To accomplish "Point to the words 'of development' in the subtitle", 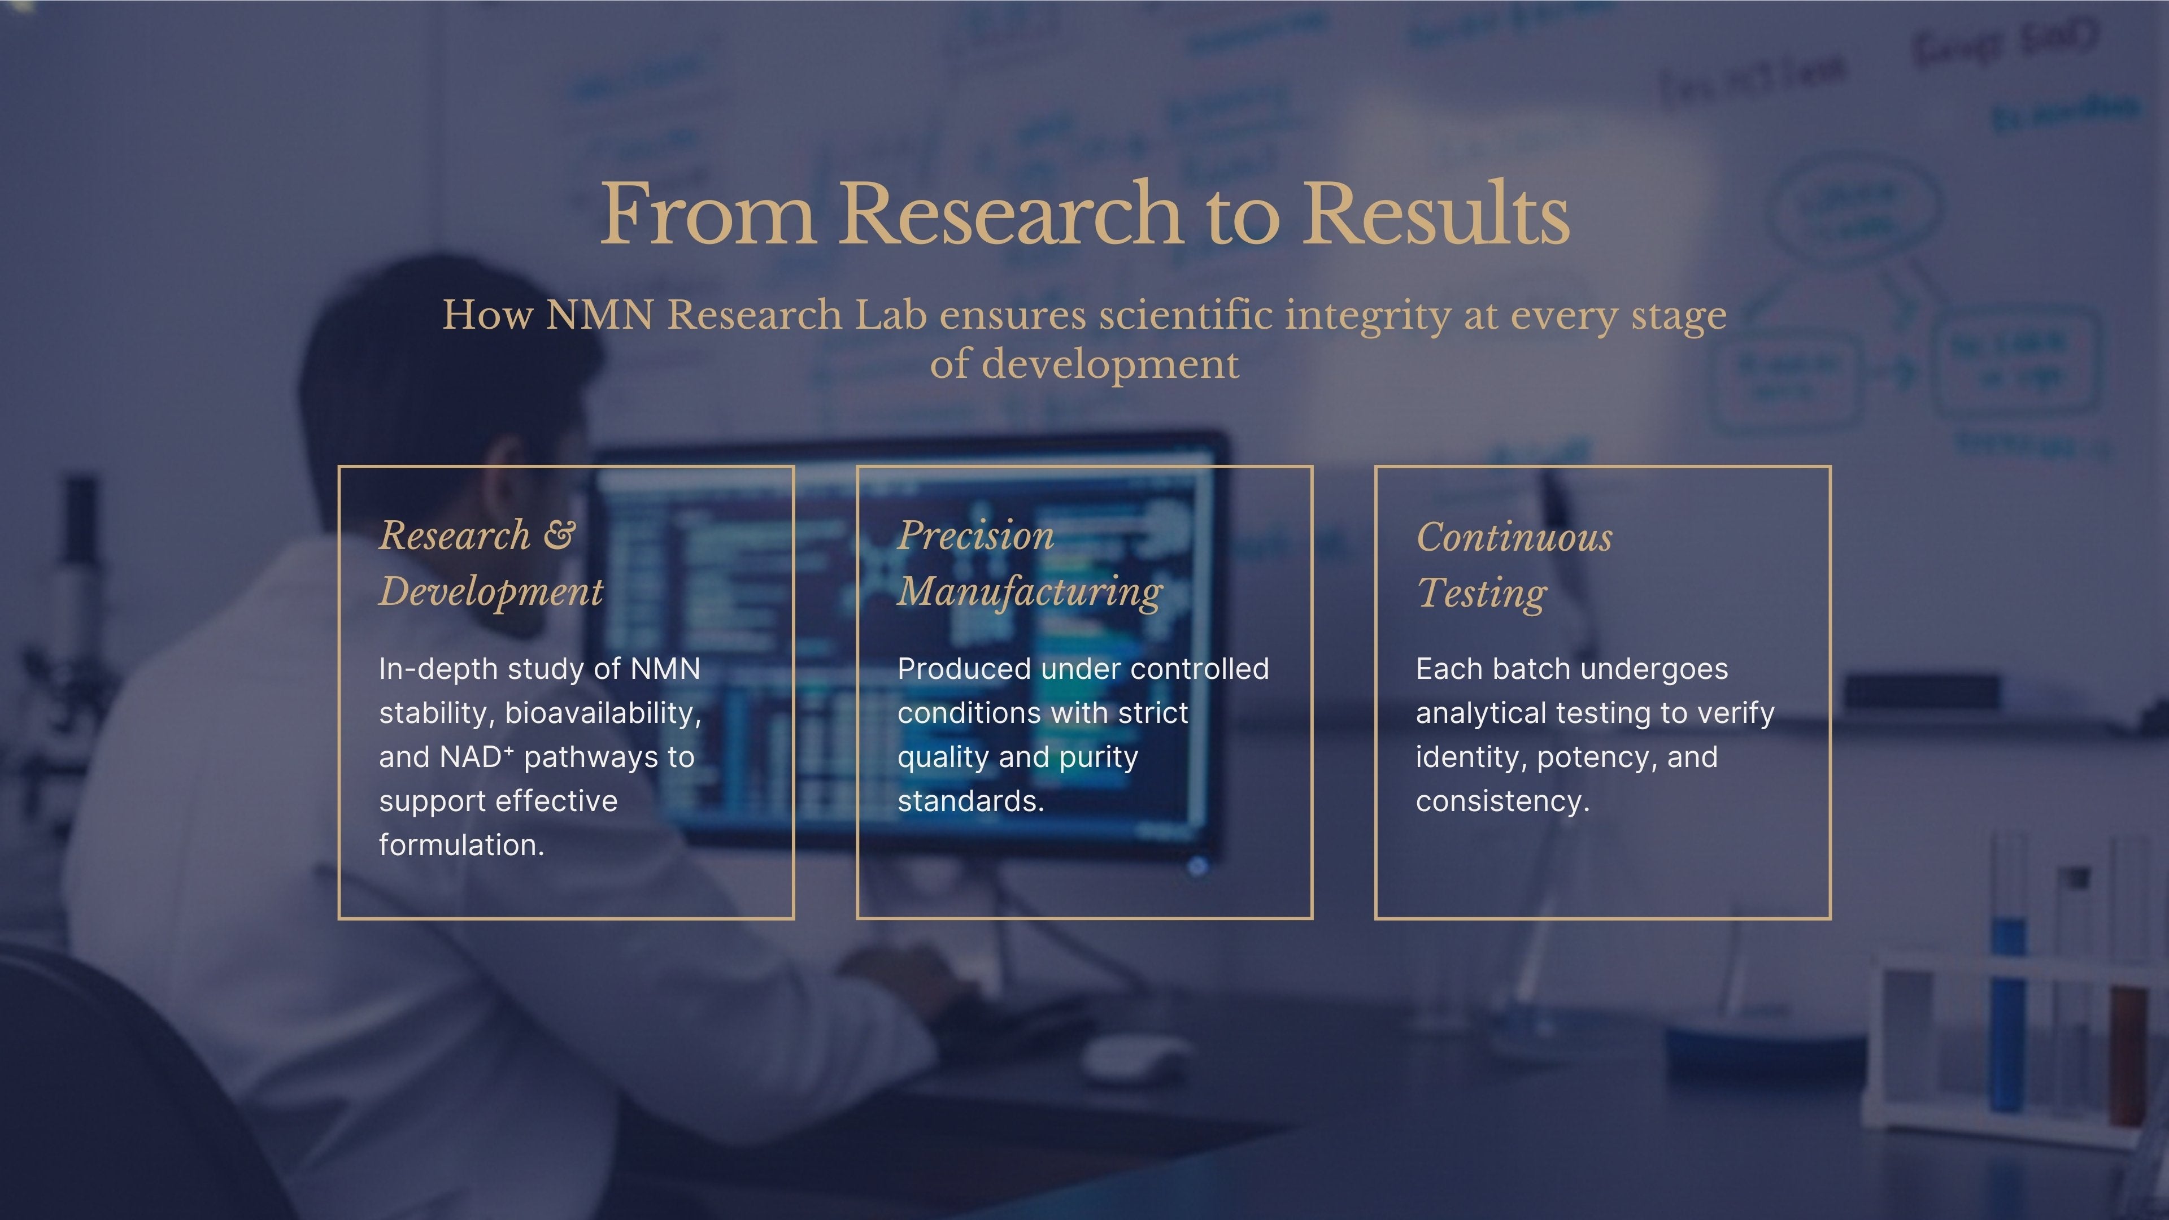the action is (1084, 364).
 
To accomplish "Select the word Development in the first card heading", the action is (491, 592).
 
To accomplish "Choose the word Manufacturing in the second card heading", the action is (1030, 592).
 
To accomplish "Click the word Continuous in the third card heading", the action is (1514, 537).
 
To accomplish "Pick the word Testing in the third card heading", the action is (1482, 594).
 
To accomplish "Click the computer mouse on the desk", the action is (1136, 1057).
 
